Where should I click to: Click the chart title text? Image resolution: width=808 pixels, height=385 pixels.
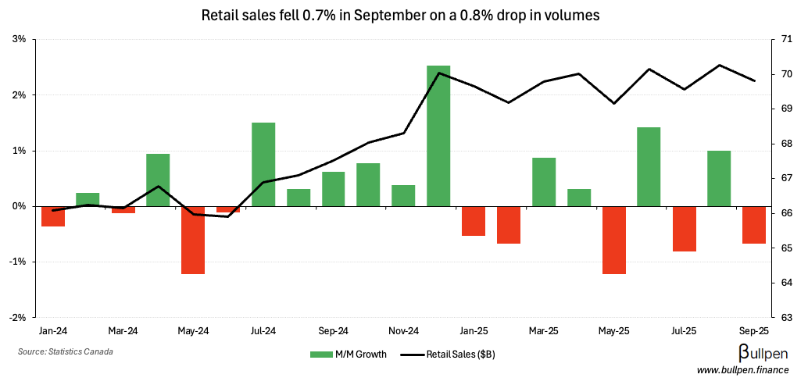coord(400,15)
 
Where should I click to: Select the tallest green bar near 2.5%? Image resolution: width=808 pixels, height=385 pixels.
coord(438,136)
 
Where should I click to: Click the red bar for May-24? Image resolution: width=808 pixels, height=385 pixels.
coord(193,240)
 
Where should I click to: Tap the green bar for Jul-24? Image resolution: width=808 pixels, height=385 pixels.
coord(263,165)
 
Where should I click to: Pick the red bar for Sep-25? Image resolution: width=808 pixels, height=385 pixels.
coord(754,225)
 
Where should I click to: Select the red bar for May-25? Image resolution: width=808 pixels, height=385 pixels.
coord(613,240)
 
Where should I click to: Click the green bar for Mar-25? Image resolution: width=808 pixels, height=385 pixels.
coord(544,182)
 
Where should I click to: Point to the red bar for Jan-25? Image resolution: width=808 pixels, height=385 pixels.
coord(474,221)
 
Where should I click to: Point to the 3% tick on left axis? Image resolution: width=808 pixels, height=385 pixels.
coord(20,39)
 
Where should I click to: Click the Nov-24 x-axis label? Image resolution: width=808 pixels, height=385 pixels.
coord(404,330)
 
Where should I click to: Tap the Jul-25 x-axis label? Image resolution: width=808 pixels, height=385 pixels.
coord(684,330)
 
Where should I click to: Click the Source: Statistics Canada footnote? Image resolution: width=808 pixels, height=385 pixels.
coord(65,352)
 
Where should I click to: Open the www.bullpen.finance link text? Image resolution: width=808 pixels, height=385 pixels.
coord(743,369)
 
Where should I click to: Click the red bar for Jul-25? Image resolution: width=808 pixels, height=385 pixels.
coord(684,229)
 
